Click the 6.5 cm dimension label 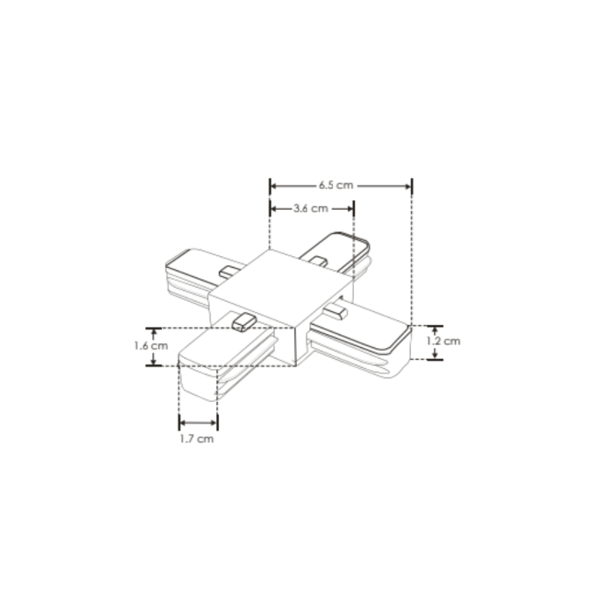(334, 185)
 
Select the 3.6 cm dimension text (310, 208)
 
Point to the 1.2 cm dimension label (443, 340)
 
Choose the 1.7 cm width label (196, 439)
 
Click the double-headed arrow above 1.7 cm (198, 422)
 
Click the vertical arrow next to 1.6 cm (154, 346)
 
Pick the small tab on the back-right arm (319, 262)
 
